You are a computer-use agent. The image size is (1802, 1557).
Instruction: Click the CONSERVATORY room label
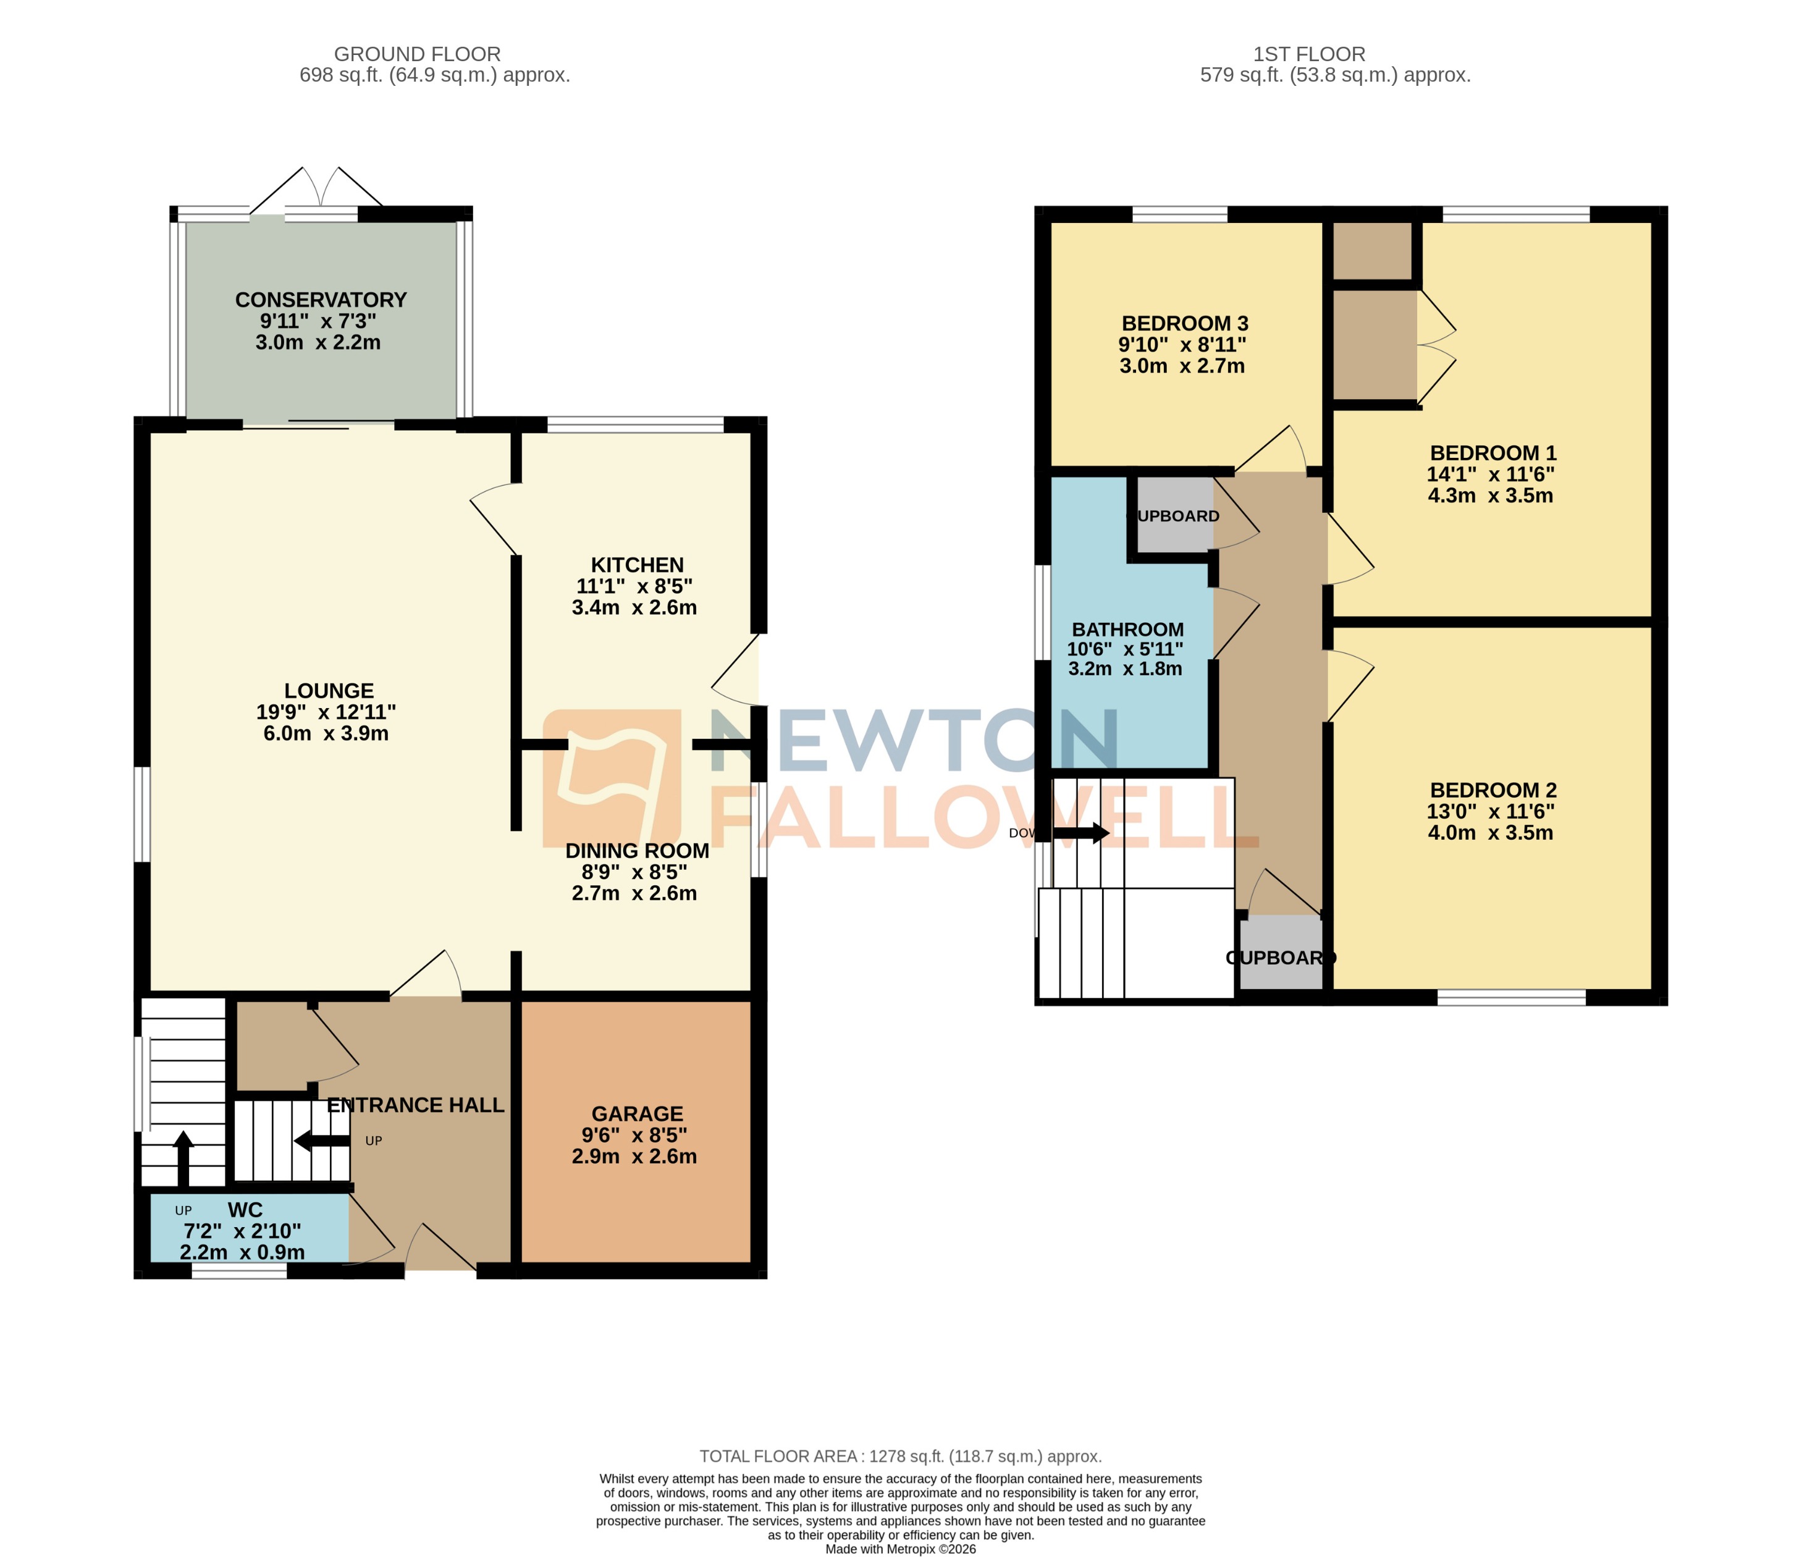pyautogui.click(x=321, y=299)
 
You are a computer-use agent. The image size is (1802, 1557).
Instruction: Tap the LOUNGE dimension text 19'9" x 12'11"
pyautogui.click(x=326, y=712)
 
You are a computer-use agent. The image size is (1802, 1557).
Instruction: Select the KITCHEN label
pyautogui.click(x=637, y=565)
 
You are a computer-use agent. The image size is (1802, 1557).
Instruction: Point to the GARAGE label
pyautogui.click(x=637, y=1113)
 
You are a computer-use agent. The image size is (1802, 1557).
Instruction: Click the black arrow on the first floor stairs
pyautogui.click(x=1081, y=832)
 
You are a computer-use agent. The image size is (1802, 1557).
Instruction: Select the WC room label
pyautogui.click(x=245, y=1210)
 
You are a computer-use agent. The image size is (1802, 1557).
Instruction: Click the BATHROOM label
pyautogui.click(x=1127, y=629)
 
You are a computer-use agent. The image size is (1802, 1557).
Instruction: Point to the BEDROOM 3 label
pyautogui.click(x=1184, y=324)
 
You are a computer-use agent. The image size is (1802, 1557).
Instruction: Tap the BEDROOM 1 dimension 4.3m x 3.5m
pyautogui.click(x=1490, y=496)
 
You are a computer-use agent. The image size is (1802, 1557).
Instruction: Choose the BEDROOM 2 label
pyautogui.click(x=1493, y=790)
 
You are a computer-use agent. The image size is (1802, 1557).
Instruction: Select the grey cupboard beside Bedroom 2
pyautogui.click(x=1280, y=953)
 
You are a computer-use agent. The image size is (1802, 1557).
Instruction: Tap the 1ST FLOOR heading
pyautogui.click(x=1309, y=54)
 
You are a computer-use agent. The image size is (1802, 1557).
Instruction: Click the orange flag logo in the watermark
pyautogui.click(x=612, y=777)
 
